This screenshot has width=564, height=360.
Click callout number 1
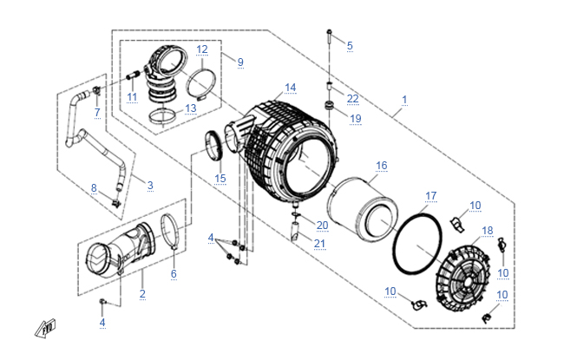coord(404,100)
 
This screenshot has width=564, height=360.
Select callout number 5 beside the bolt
coord(351,45)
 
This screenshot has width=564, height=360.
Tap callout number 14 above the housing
coord(290,88)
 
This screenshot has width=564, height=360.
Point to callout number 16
coord(381,165)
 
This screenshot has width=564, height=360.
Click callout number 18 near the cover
coord(487,230)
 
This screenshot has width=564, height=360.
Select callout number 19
coord(355,118)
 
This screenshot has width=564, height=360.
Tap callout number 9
coord(240,62)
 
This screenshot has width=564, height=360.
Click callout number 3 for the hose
coord(150,185)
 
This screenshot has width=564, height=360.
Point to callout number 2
coord(142,294)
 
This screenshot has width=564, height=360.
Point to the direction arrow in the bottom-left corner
coord(41,329)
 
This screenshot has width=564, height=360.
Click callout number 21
coord(320,243)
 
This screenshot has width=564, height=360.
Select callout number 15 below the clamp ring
coord(220,179)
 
